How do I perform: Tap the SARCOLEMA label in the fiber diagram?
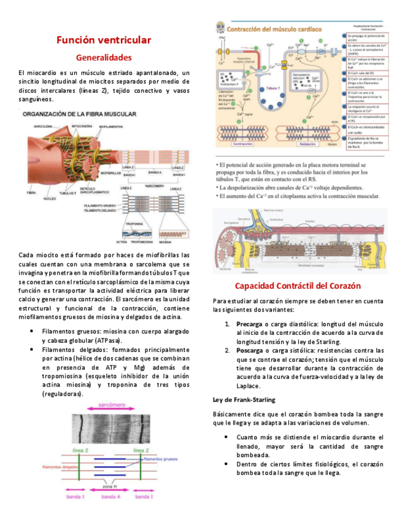pos(44,125)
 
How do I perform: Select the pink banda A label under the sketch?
pos(111,496)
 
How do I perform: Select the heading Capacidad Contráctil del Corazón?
pos(298,286)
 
